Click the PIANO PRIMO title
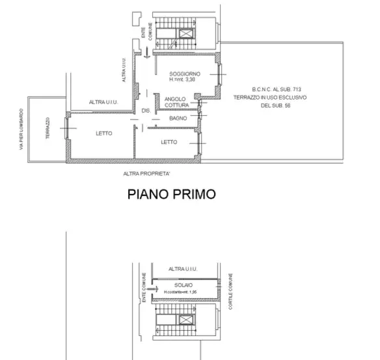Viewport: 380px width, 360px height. click(x=171, y=193)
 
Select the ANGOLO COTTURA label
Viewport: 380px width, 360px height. click(x=176, y=102)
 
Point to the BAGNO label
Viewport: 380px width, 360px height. click(x=178, y=118)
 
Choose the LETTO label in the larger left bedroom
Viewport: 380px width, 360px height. click(x=103, y=133)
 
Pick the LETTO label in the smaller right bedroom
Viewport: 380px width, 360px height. click(x=169, y=142)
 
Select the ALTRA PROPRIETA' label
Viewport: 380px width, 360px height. click(x=146, y=174)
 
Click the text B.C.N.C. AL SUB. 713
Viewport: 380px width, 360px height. click(x=277, y=89)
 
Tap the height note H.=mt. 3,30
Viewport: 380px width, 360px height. click(x=182, y=79)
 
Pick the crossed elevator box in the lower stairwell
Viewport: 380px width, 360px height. click(x=187, y=320)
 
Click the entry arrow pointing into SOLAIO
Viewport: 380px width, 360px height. click(x=152, y=286)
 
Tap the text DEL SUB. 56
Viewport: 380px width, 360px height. click(x=277, y=105)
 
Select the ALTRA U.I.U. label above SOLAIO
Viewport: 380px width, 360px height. click(x=182, y=269)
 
